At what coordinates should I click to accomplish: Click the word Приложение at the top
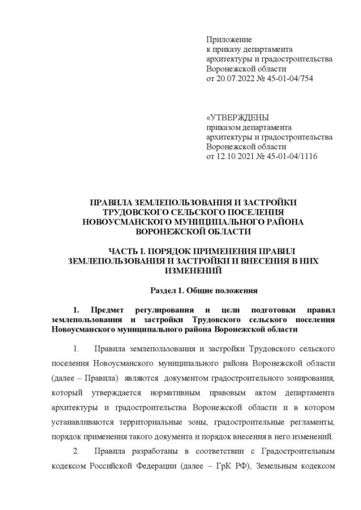click(x=229, y=39)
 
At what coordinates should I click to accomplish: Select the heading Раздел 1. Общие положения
click(x=204, y=291)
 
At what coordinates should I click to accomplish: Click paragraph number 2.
click(x=77, y=452)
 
